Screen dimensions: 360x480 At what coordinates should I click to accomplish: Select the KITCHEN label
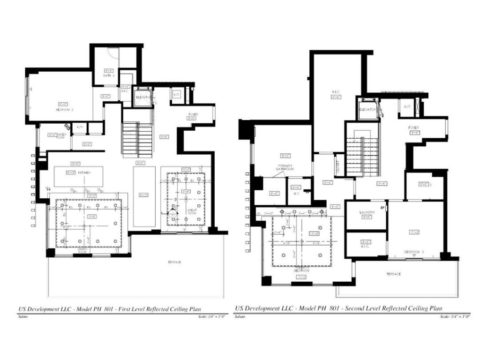click(x=84, y=173)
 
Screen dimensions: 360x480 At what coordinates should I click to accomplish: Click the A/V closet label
click(x=80, y=127)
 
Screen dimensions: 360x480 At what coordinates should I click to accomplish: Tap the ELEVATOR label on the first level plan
click(x=143, y=97)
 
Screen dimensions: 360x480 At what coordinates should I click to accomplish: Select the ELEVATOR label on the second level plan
click(x=368, y=109)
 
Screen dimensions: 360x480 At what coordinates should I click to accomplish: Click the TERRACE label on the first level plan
click(x=174, y=262)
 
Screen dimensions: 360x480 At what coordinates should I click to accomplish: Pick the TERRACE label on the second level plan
click(x=393, y=274)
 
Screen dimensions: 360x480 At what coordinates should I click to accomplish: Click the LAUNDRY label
click(x=367, y=212)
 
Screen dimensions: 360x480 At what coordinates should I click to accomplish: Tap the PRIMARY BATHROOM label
click(x=285, y=167)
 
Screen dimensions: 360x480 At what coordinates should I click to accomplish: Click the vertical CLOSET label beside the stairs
click(x=337, y=164)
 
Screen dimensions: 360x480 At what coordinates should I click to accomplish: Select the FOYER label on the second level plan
click(x=413, y=127)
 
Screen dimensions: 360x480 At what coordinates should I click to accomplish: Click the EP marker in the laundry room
click(x=382, y=207)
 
